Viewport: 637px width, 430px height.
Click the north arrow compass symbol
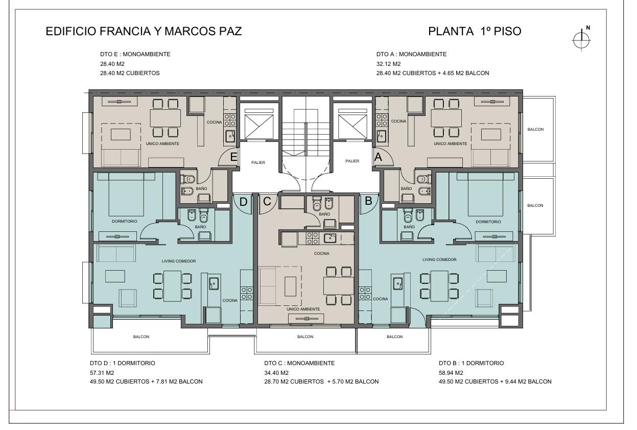581,40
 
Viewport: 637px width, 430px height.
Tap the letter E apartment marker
233,157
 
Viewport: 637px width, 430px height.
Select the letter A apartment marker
378,157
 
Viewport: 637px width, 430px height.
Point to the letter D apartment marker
243,202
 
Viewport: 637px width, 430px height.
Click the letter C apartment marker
267,201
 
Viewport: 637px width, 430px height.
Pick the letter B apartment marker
368,201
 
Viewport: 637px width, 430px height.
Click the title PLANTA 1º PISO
475,31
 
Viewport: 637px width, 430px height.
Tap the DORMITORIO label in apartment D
125,221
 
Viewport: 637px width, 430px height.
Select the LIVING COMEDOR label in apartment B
439,259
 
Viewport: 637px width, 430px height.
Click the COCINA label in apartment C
322,253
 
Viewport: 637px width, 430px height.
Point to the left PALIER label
258,163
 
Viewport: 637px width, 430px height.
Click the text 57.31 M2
102,373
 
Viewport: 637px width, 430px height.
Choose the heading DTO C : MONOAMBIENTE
299,363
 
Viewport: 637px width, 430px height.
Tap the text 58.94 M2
451,373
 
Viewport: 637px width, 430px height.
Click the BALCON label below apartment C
305,337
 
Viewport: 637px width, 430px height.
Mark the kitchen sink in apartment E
230,136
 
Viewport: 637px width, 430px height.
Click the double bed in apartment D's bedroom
126,194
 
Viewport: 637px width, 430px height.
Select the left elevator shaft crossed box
259,127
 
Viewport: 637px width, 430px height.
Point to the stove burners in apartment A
382,120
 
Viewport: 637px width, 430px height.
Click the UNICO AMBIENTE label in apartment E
162,144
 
